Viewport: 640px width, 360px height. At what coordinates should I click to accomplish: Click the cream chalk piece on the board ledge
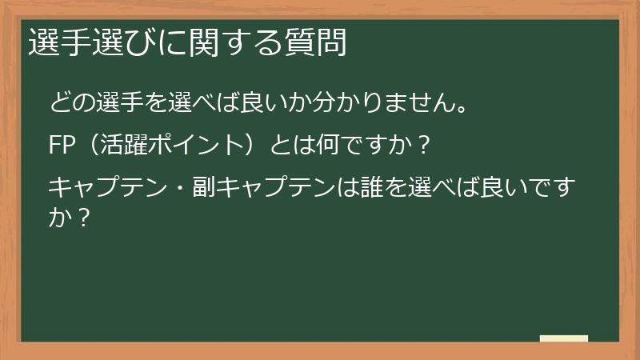563,338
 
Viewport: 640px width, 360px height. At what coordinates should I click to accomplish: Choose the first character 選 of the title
44,43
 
